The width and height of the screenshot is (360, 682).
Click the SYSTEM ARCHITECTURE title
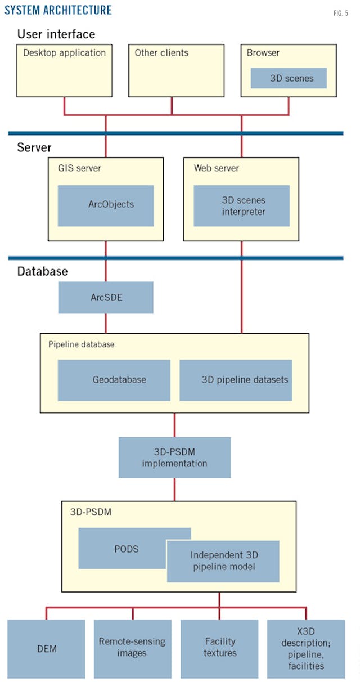click(x=58, y=10)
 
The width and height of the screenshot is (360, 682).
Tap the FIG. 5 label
click(x=340, y=14)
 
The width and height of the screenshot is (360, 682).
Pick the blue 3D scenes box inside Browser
click(x=289, y=78)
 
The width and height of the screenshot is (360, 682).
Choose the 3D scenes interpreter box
click(x=242, y=205)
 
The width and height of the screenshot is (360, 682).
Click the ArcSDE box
click(x=106, y=298)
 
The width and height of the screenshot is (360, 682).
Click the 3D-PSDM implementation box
click(x=174, y=457)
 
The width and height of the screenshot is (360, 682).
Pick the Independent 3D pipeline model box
click(x=223, y=561)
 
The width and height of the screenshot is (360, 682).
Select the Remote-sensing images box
click(x=132, y=648)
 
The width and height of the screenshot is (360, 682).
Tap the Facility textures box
click(x=219, y=648)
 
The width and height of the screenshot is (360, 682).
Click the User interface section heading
click(x=56, y=34)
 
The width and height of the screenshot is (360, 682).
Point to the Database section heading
click(x=42, y=271)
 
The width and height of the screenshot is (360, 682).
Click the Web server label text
click(x=217, y=168)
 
